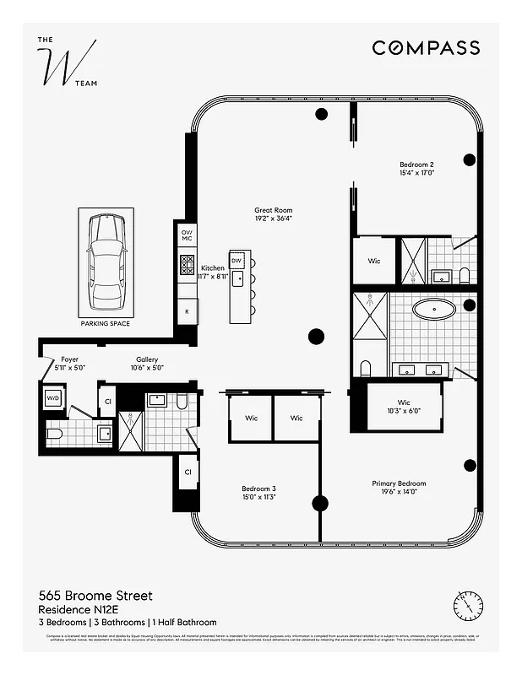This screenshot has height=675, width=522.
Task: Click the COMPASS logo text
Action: pyautogui.click(x=426, y=48)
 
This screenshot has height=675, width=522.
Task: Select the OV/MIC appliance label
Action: pyautogui.click(x=187, y=235)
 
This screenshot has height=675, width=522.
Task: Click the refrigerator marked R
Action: pyautogui.click(x=187, y=311)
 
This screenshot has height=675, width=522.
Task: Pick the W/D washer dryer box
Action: pyautogui.click(x=52, y=397)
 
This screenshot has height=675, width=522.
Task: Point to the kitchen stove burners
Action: pyautogui.click(x=187, y=267)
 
